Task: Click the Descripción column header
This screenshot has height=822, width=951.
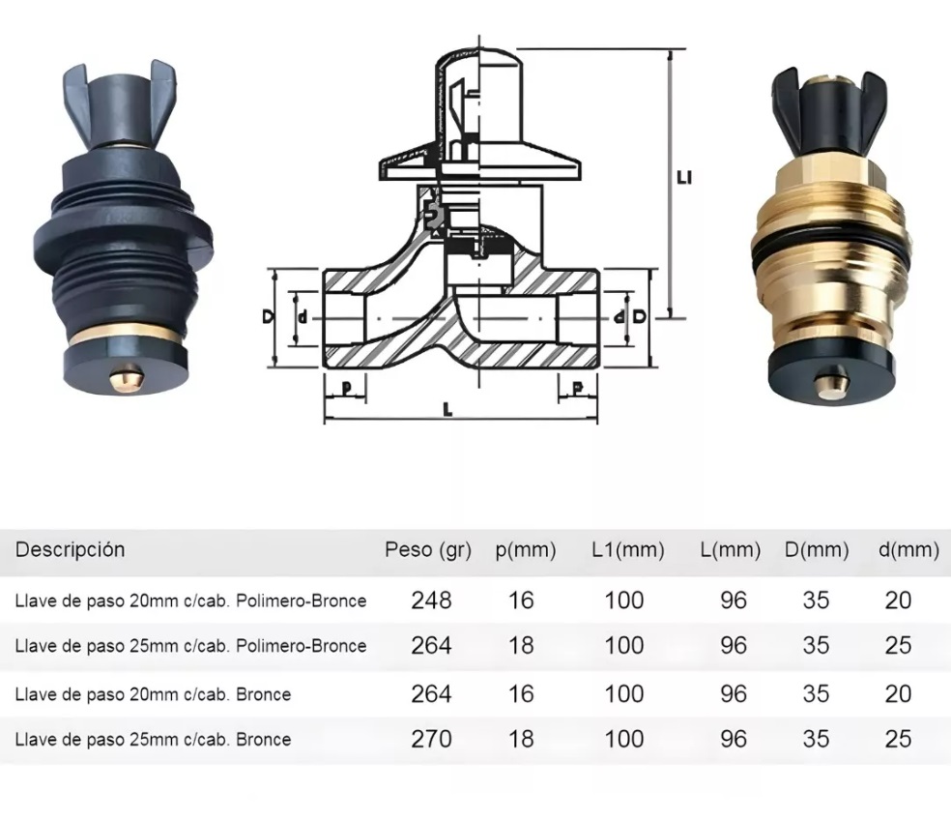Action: pyautogui.click(x=70, y=549)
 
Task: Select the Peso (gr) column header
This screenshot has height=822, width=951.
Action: pyautogui.click(x=427, y=550)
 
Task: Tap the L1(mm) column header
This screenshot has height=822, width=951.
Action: pyautogui.click(x=628, y=550)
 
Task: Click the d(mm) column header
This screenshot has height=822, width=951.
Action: pyautogui.click(x=908, y=550)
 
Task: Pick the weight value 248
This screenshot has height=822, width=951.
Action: pyautogui.click(x=431, y=601)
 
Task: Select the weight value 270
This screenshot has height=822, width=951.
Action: pyautogui.click(x=431, y=739)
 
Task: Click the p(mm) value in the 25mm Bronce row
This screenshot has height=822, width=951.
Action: pyautogui.click(x=521, y=739)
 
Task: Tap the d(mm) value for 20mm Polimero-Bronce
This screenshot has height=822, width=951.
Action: pyautogui.click(x=898, y=601)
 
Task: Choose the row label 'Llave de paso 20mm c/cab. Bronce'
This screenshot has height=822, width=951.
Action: pyautogui.click(x=153, y=694)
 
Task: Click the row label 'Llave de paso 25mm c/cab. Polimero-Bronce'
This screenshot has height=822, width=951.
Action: pyautogui.click(x=190, y=646)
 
